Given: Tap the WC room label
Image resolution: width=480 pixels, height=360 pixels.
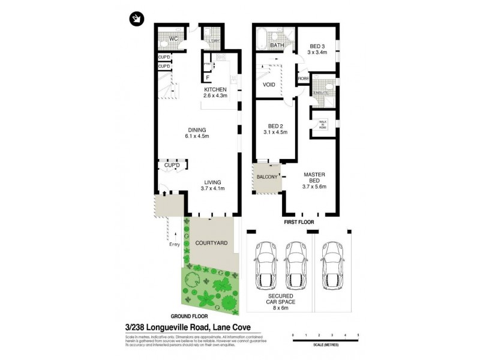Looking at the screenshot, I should [x=173, y=39].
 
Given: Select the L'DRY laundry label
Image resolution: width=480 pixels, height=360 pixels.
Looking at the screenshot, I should [x=214, y=41].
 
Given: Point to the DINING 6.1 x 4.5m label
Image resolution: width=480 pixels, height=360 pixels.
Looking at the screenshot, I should [x=197, y=133].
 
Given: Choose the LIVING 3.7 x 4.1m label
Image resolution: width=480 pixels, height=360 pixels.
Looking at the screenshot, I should [x=212, y=185].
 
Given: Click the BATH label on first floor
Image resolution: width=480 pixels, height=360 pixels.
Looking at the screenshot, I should [x=277, y=45].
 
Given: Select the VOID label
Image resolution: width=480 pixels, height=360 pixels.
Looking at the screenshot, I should [x=269, y=85].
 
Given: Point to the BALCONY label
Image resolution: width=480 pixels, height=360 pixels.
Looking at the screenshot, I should [x=267, y=177].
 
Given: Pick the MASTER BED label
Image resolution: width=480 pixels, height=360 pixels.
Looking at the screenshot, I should [x=313, y=178].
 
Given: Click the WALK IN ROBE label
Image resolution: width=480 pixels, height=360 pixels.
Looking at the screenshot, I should [x=323, y=124].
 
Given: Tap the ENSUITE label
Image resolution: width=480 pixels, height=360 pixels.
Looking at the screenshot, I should [x=320, y=94].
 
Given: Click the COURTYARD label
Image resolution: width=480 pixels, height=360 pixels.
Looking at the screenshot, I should [x=211, y=243].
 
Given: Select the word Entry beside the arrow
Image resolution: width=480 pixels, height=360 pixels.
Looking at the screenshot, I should [x=175, y=244].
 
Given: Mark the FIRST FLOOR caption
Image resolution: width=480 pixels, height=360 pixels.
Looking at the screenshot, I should [x=298, y=221].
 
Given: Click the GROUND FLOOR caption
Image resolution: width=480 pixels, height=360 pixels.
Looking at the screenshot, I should [x=189, y=315].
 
